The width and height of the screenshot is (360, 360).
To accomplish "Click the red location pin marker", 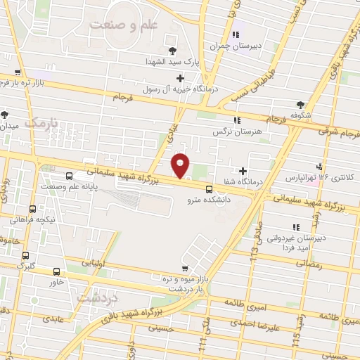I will coord(181,166).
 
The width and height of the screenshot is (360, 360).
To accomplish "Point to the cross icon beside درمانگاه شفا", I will coord(243,170).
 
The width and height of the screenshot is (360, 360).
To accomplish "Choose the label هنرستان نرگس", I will coord(235,131).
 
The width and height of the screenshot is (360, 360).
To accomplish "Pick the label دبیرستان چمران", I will coord(236,46).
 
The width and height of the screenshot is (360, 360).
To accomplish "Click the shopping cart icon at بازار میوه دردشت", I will coord(184,269).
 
